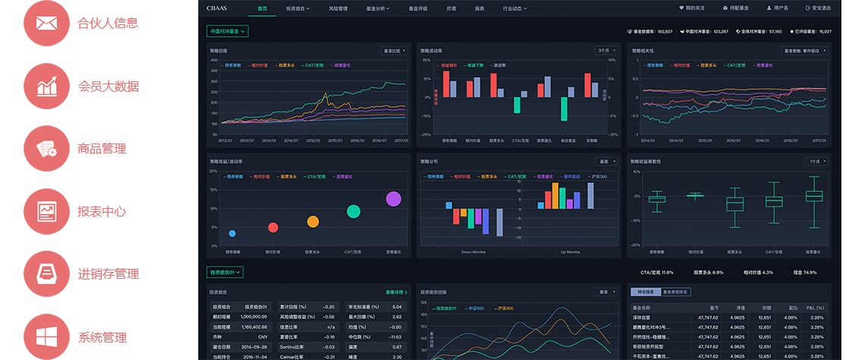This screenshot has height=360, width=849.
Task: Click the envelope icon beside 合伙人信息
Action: (46, 24)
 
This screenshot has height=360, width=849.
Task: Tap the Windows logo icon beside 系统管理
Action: (46, 336)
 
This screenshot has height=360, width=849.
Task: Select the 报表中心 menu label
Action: (101, 212)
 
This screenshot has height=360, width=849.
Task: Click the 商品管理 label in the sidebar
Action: (101, 149)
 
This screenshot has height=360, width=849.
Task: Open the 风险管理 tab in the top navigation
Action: (338, 8)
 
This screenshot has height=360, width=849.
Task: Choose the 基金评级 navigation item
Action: (418, 8)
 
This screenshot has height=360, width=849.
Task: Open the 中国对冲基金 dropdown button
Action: (227, 32)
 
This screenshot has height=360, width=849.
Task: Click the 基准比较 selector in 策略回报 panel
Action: (393, 51)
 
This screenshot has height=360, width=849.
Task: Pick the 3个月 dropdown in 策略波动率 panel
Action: (605, 51)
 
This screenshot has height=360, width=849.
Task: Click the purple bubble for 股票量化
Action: (393, 199)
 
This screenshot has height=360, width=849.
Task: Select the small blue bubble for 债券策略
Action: (232, 233)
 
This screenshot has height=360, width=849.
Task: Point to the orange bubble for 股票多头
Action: (313, 222)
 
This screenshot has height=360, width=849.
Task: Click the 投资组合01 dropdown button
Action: (225, 271)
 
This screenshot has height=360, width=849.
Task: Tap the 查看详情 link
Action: (396, 292)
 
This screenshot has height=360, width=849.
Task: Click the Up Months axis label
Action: (570, 252)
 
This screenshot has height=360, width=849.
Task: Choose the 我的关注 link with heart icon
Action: (692, 8)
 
